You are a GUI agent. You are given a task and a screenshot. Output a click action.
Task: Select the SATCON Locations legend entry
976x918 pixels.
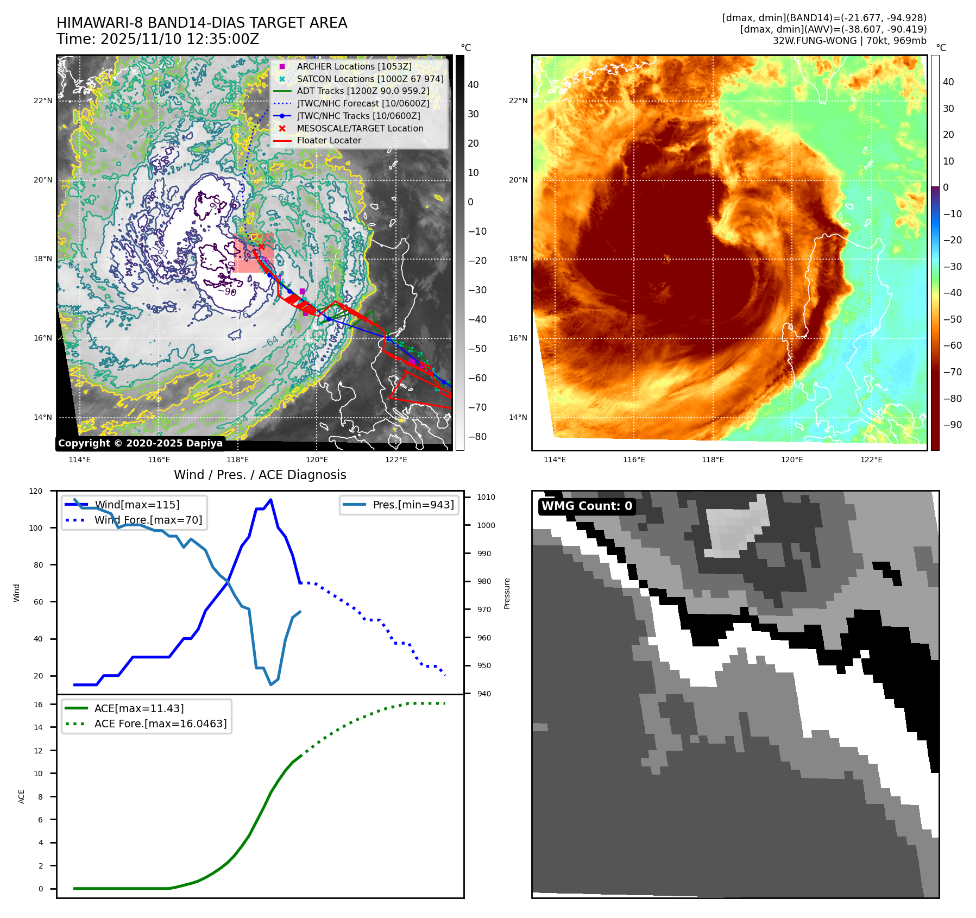point(370,79)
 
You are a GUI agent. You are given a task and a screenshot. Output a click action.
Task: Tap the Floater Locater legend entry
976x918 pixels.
point(329,140)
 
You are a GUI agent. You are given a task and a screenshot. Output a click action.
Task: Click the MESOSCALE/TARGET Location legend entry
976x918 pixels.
point(360,128)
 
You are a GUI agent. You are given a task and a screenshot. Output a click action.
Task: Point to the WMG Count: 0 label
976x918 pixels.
point(587,506)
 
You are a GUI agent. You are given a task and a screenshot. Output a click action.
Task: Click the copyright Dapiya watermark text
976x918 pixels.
point(140,443)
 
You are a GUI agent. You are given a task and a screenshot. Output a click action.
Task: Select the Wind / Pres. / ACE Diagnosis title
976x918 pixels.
point(260,475)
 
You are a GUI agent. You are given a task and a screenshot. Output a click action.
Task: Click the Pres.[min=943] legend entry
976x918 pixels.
point(413,505)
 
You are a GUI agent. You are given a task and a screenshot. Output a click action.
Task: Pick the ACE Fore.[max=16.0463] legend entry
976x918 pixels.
point(160,724)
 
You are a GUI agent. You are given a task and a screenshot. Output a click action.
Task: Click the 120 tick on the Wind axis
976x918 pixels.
point(36,491)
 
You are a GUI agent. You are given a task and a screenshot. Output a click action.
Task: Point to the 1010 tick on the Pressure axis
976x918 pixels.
point(486,497)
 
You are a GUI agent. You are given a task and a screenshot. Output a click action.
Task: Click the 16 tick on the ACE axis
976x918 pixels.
point(39,705)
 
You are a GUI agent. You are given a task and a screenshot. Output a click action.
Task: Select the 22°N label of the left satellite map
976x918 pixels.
point(43,100)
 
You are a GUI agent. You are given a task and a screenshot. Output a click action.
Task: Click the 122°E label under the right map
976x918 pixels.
point(871,460)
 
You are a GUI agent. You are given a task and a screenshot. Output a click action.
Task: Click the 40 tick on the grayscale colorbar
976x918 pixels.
point(473,85)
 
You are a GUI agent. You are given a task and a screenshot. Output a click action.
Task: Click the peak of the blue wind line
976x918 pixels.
point(270,500)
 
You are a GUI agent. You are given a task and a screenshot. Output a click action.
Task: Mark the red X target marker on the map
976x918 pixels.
point(262,247)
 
